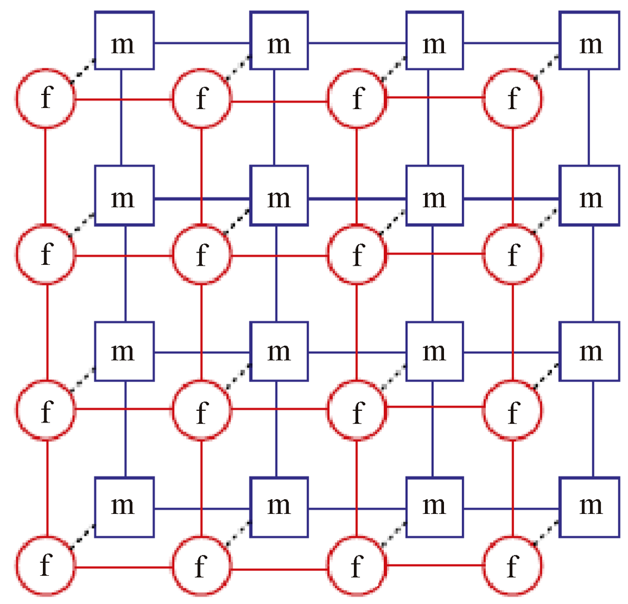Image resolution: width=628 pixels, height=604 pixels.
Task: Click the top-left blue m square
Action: click(x=123, y=42)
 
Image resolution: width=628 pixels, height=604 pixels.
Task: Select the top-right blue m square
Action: click(x=590, y=42)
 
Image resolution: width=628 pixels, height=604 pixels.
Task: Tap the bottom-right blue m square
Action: click(x=590, y=507)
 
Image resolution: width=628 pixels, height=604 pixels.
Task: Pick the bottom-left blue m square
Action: click(x=123, y=507)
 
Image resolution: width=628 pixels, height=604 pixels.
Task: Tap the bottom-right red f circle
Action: click(x=513, y=565)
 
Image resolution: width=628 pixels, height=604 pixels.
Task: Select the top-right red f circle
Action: click(x=513, y=99)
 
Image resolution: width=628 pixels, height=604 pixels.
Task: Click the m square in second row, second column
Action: click(x=279, y=198)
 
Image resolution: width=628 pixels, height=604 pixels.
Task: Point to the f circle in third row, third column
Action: click(x=357, y=408)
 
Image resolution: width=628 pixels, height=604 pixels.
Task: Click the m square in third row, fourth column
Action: click(x=590, y=351)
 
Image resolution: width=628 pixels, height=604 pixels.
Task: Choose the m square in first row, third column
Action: click(x=434, y=42)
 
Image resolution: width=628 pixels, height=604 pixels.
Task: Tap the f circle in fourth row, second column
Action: click(x=202, y=565)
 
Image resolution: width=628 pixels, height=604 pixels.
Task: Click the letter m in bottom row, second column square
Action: click(x=279, y=507)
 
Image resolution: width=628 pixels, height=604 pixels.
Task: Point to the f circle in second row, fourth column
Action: click(x=513, y=253)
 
